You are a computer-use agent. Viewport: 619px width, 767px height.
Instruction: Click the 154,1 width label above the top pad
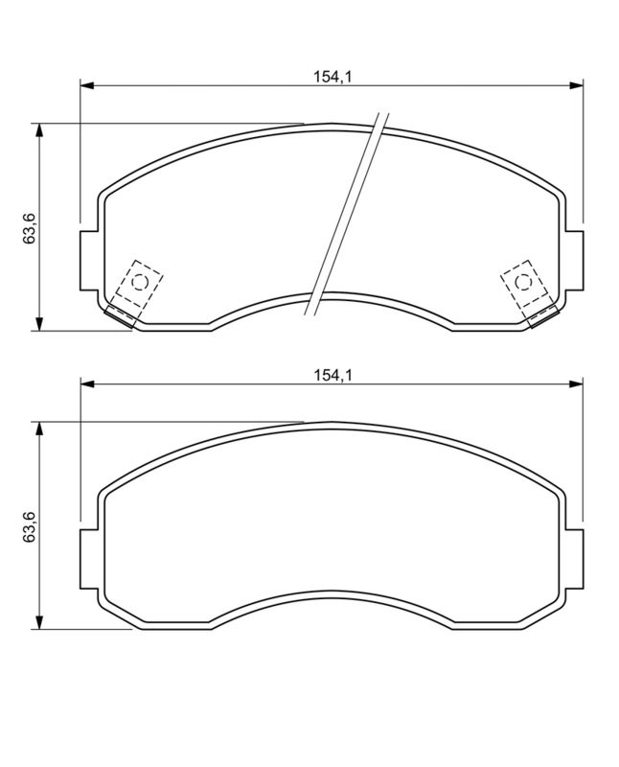[x=332, y=77]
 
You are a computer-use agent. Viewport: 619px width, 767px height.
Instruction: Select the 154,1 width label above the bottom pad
[x=332, y=376]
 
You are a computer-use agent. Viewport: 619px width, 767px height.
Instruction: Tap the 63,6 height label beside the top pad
[x=29, y=227]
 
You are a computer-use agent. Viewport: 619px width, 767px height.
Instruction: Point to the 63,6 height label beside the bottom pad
[x=29, y=526]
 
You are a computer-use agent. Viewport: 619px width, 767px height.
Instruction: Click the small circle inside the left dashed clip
[x=138, y=282]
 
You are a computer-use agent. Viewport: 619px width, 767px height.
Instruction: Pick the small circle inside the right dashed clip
[x=523, y=282]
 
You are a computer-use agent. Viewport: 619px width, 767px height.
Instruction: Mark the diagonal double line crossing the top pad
[x=346, y=213]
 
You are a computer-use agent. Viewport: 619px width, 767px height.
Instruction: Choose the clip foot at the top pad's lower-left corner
[x=120, y=317]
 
